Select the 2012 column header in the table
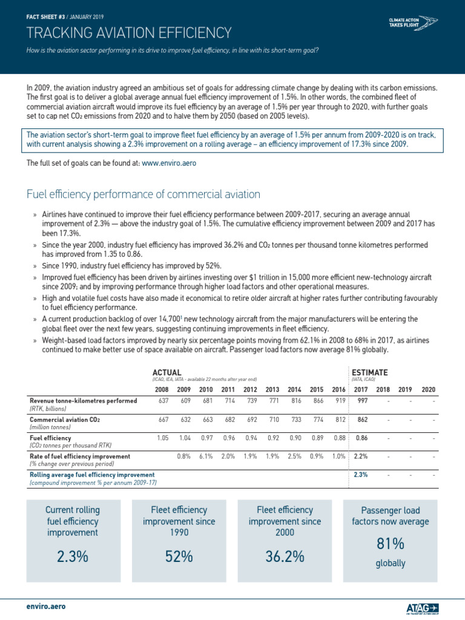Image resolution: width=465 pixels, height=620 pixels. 250,389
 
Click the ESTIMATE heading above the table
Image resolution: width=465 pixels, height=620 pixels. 370,371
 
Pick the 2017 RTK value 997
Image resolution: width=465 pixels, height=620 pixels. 361,401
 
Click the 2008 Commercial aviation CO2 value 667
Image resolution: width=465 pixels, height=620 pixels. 162,419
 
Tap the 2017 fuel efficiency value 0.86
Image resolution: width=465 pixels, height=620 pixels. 361,437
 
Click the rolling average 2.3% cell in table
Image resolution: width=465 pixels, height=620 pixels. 361,475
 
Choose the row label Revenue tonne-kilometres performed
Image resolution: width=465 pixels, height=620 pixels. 83,401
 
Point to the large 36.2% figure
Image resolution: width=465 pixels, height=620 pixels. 285,556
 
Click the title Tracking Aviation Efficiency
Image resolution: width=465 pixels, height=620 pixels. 129,32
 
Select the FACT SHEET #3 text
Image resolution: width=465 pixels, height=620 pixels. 45,8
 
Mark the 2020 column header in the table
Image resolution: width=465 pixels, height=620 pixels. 428,389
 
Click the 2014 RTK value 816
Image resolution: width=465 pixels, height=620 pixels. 294,401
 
